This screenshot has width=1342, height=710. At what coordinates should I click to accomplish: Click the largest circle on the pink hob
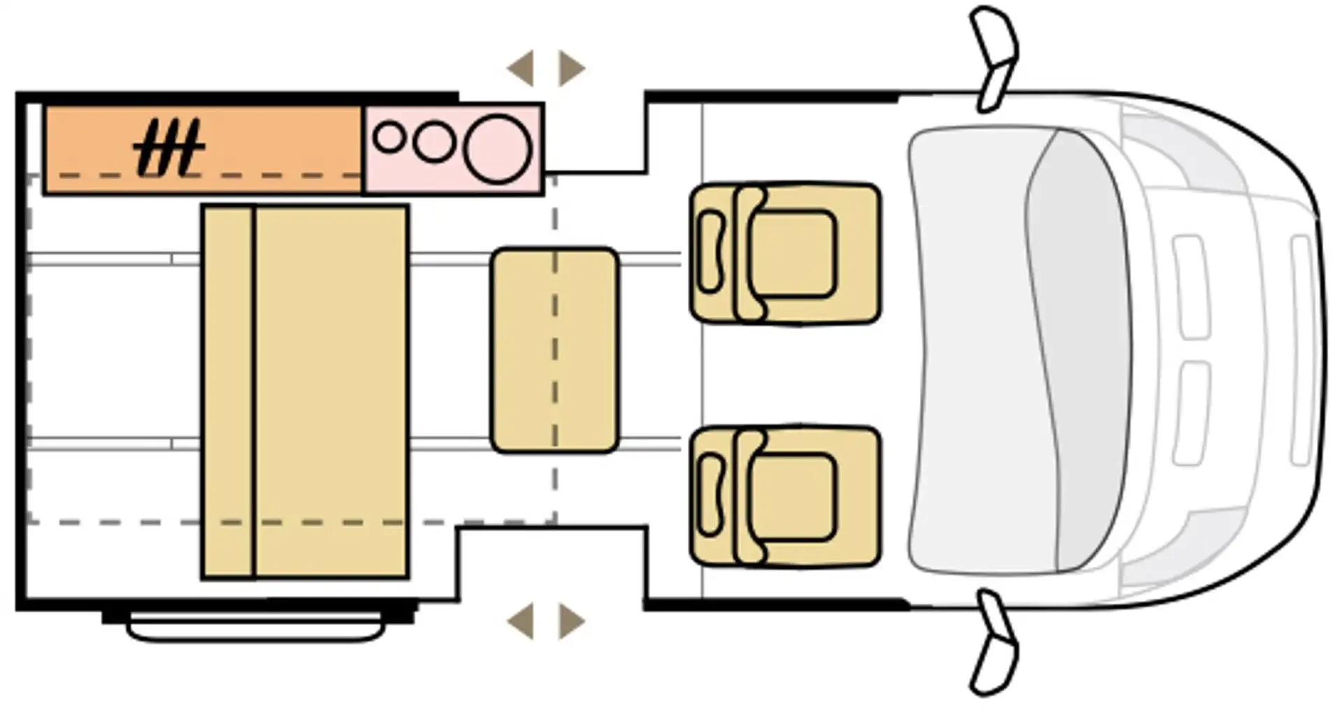(498, 150)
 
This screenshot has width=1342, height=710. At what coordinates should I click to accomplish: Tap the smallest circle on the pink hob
(389, 137)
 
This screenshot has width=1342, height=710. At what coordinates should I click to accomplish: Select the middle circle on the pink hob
(434, 142)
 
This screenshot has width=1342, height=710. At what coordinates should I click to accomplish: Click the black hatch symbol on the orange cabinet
(168, 147)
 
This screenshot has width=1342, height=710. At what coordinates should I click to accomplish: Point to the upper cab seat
(785, 254)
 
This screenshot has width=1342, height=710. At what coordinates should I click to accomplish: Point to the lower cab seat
(785, 496)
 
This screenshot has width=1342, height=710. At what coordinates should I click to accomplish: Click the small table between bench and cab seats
(555, 349)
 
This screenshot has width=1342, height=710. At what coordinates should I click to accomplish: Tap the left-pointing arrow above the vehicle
(521, 68)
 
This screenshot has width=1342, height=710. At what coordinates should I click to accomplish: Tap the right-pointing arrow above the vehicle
(571, 68)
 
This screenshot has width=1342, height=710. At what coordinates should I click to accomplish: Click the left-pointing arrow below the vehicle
(521, 621)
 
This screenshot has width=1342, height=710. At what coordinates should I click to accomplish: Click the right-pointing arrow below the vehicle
(571, 621)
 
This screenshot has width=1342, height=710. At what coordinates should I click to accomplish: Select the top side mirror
(995, 59)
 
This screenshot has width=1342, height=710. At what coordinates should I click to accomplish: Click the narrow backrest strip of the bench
(228, 391)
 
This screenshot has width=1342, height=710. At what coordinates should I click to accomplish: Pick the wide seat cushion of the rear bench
(331, 391)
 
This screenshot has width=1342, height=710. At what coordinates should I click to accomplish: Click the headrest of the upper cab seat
(711, 252)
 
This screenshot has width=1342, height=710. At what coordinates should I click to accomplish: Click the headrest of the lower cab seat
(711, 495)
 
